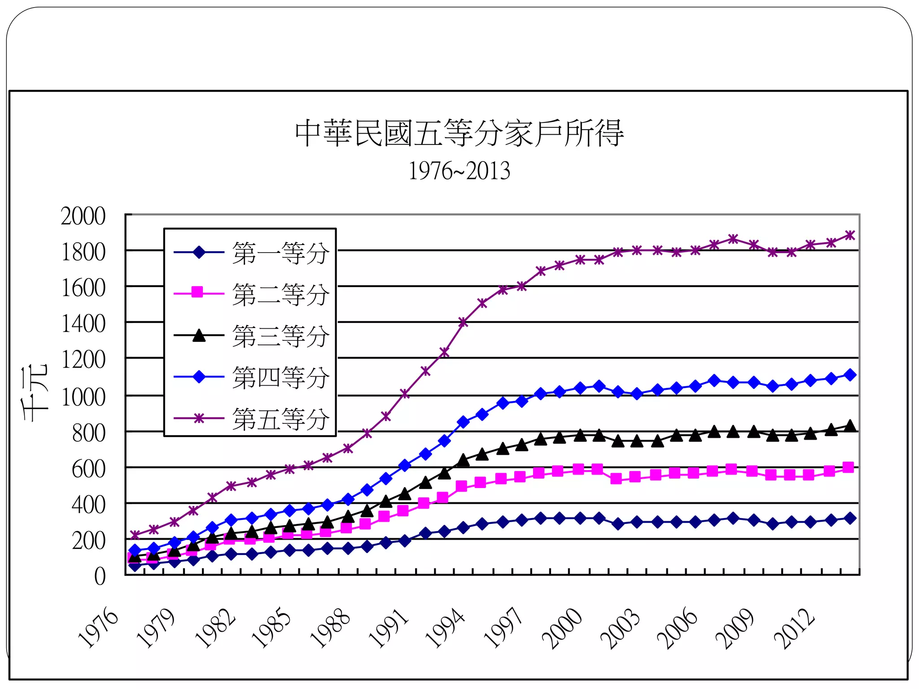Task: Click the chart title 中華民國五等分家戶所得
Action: [x=459, y=133]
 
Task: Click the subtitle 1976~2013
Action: [x=459, y=171]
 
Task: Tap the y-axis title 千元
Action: [x=35, y=394]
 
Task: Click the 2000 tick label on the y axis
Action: [x=83, y=216]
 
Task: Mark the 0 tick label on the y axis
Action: [x=100, y=576]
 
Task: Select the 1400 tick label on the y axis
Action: [x=83, y=324]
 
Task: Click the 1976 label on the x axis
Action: [x=98, y=628]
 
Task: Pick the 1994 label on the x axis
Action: [x=445, y=628]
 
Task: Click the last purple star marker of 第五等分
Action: [x=849, y=235]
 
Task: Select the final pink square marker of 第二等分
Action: [x=848, y=467]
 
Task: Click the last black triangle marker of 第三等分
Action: [x=849, y=426]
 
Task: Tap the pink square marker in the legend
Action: [x=197, y=293]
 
